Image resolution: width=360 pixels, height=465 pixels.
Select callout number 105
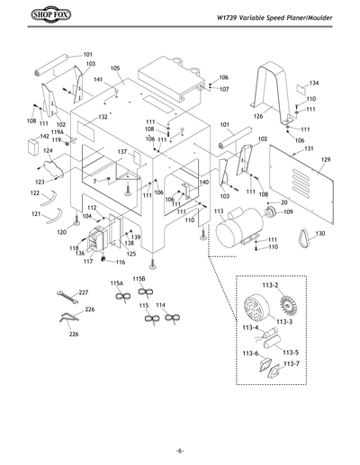click(116, 69)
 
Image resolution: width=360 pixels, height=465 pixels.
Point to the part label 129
click(326, 160)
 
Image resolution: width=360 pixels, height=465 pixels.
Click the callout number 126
click(258, 116)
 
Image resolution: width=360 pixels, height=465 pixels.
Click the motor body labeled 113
click(236, 236)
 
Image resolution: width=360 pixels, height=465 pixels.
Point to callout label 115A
click(117, 282)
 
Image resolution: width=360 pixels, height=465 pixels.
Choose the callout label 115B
click(139, 279)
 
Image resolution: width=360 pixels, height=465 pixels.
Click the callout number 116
click(121, 262)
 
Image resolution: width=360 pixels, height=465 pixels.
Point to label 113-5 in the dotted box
click(291, 352)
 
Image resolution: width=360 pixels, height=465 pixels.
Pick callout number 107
click(224, 90)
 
